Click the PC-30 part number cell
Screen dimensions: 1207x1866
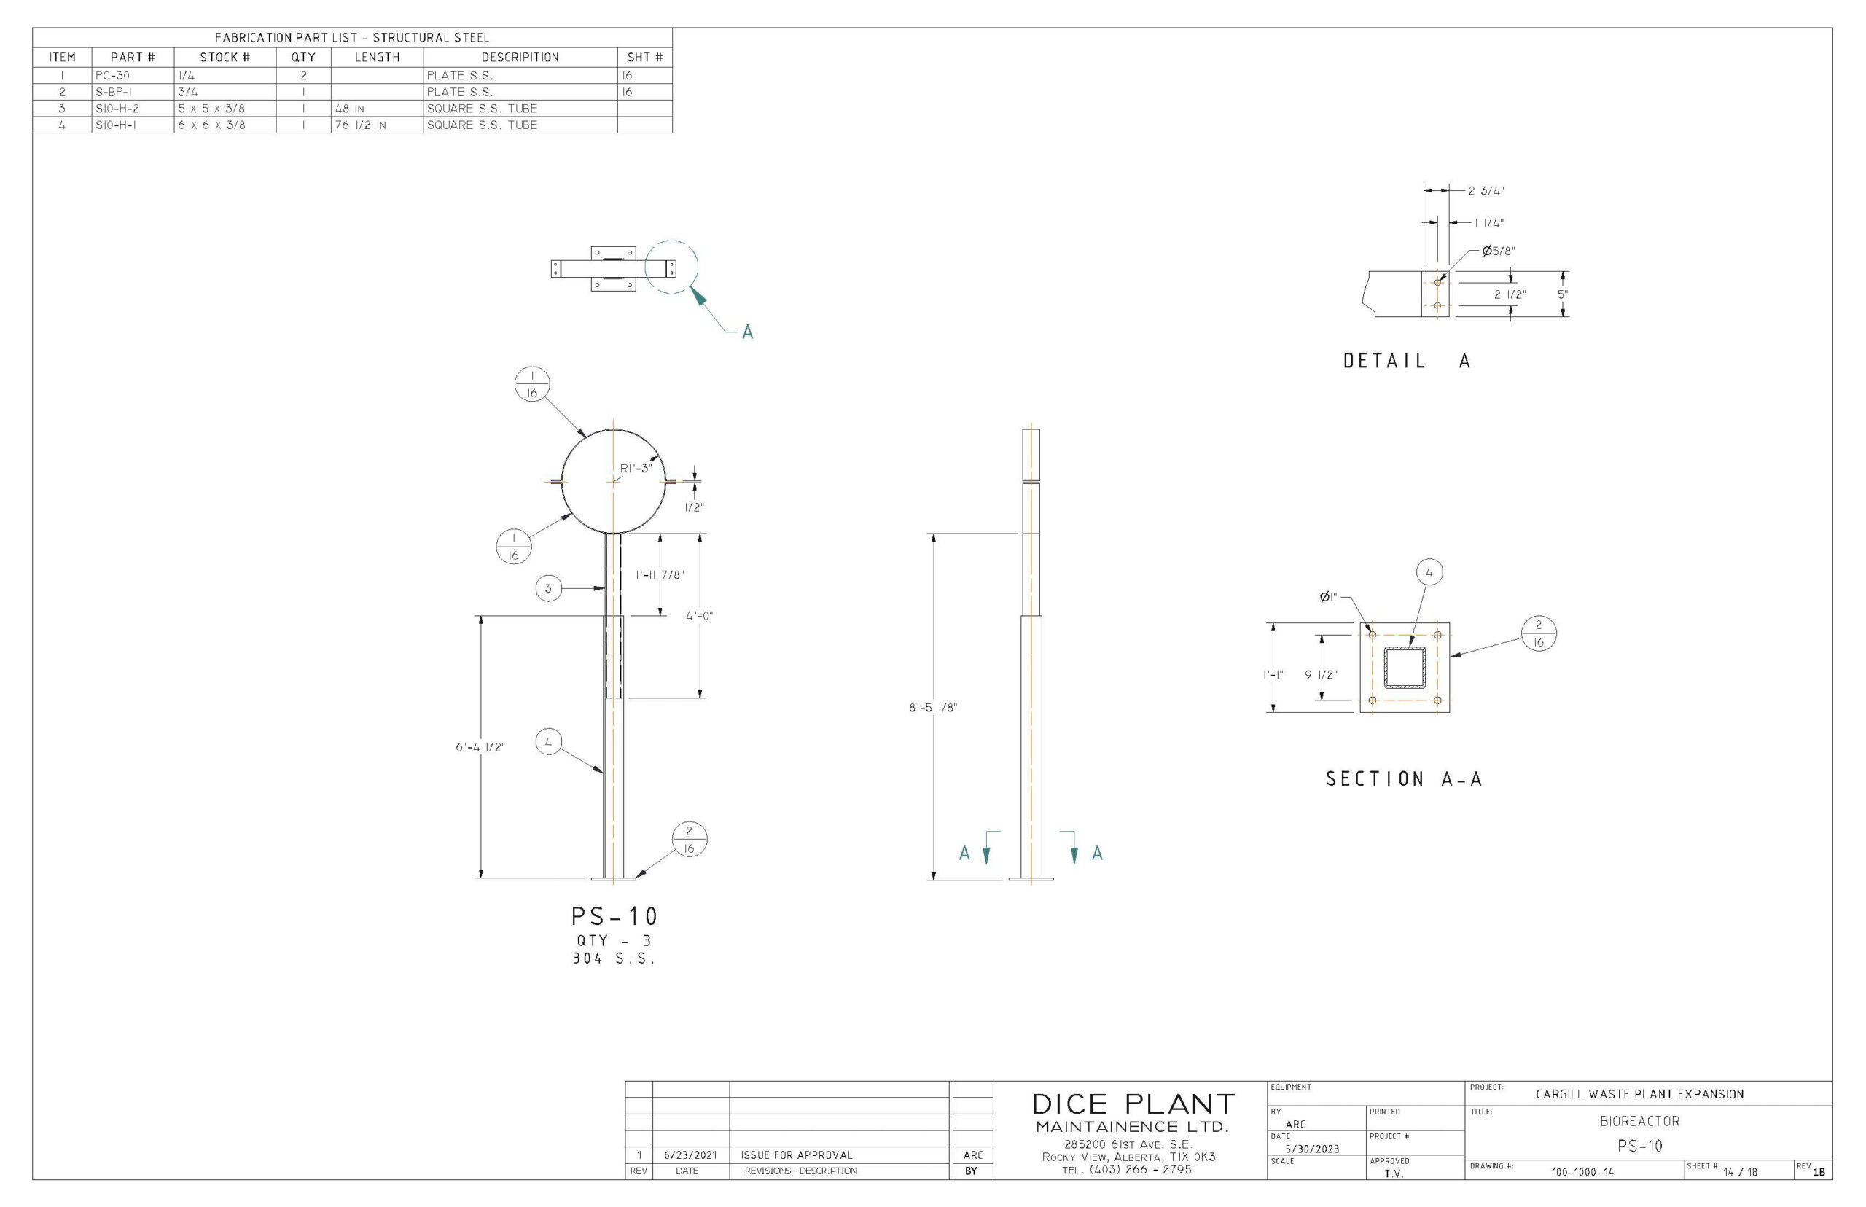[x=113, y=76]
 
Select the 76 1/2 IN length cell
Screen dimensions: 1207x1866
[x=361, y=125]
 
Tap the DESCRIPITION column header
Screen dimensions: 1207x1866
[x=520, y=57]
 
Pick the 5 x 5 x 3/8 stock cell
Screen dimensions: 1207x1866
[x=211, y=108]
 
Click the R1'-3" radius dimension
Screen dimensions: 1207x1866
[x=636, y=469]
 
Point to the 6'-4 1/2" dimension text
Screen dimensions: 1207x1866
[x=480, y=747]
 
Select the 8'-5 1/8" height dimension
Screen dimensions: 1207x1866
[x=932, y=708]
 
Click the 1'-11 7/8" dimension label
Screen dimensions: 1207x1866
[x=659, y=574]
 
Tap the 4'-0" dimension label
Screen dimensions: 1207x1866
[x=699, y=615]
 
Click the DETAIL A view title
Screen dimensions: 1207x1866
[x=1406, y=362]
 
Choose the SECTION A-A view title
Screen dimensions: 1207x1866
[x=1404, y=778]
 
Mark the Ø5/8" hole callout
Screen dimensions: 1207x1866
[x=1498, y=251]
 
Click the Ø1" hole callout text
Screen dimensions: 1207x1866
[x=1327, y=597]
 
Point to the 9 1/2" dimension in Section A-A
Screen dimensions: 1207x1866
[x=1321, y=674]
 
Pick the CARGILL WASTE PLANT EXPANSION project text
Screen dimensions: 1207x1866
[x=1639, y=1094]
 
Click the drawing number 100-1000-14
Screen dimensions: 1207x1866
[x=1582, y=1173]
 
